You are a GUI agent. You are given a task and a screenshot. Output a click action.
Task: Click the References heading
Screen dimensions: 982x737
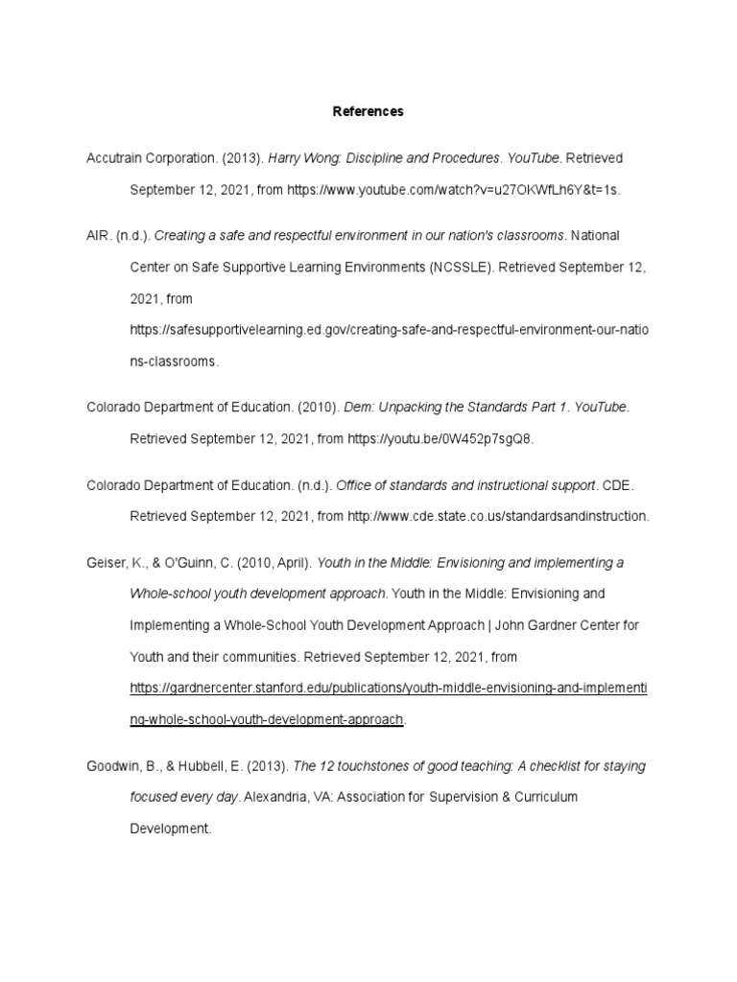click(368, 111)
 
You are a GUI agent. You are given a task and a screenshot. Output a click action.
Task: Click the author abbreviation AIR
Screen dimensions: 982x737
click(99, 236)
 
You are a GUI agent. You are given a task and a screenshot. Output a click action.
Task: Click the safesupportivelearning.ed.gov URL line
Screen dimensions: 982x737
click(389, 331)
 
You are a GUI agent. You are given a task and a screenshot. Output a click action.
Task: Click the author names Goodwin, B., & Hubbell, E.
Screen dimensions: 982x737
click(159, 766)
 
